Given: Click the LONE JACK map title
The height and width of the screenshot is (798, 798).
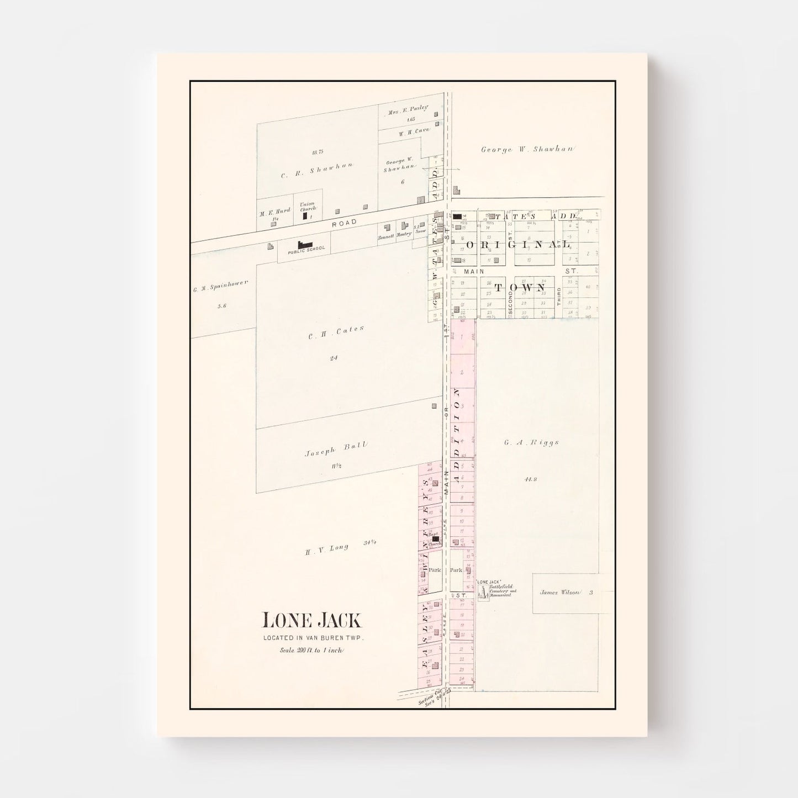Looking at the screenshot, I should point(311,621).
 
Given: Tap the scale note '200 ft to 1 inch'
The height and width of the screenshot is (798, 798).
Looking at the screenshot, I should point(311,650).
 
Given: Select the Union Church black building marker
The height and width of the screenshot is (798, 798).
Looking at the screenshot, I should point(305,216).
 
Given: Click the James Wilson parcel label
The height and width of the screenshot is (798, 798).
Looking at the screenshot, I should point(559,593).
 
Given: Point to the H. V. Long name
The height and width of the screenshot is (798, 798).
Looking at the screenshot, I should point(328,549).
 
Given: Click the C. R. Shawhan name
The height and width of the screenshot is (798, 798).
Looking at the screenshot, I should point(316,170).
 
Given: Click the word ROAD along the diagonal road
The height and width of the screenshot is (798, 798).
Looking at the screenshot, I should point(344,222).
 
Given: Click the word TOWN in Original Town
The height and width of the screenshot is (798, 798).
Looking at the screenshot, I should point(520,288).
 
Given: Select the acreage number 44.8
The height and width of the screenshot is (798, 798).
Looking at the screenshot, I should point(530,479).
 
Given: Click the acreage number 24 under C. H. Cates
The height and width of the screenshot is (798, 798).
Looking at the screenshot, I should point(334,358).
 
